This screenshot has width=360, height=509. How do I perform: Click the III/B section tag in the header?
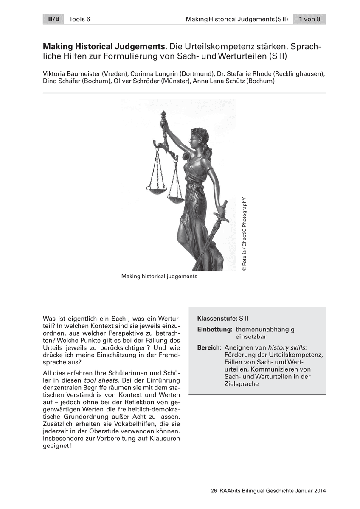53,19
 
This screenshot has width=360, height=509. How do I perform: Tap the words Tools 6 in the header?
79,19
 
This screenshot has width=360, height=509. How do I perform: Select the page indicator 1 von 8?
309,19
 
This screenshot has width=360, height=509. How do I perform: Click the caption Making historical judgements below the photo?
159,276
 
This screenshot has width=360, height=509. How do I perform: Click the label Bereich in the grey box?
209,347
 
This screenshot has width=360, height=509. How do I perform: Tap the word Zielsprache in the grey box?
242,384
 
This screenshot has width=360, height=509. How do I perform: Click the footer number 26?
214,491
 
